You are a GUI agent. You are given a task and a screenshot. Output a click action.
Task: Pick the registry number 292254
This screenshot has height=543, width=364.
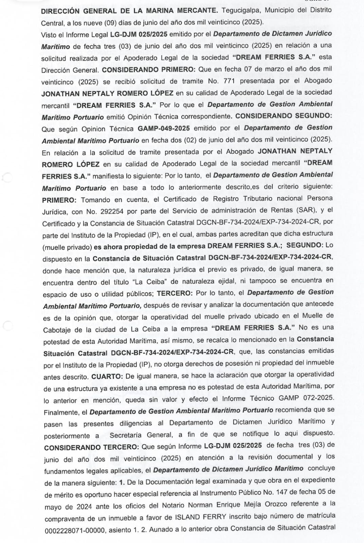(112, 211)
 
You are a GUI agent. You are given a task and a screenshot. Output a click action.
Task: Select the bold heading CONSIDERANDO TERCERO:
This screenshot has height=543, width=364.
(91, 447)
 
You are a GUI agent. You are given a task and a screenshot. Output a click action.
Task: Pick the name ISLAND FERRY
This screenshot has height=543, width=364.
(200, 517)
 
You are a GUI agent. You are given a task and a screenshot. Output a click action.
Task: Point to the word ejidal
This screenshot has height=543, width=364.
(226, 281)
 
